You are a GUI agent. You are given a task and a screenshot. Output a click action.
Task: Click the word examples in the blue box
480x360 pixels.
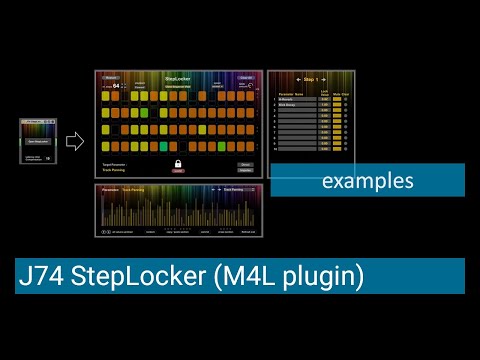(368, 182)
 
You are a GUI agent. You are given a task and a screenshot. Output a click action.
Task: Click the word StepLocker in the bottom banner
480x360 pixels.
(136, 276)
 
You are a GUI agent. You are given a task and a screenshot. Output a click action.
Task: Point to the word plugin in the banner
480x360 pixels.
(319, 276)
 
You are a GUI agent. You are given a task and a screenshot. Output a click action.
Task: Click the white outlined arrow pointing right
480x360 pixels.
(75, 141)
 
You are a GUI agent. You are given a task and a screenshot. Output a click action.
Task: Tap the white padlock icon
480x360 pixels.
(178, 164)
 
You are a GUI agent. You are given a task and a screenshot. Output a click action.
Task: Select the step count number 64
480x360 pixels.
(115, 86)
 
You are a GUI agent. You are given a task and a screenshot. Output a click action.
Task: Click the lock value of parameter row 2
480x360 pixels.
(325, 104)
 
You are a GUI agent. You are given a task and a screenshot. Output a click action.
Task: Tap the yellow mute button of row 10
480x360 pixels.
(337, 148)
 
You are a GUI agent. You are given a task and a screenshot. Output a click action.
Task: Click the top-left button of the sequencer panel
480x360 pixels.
(111, 77)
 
